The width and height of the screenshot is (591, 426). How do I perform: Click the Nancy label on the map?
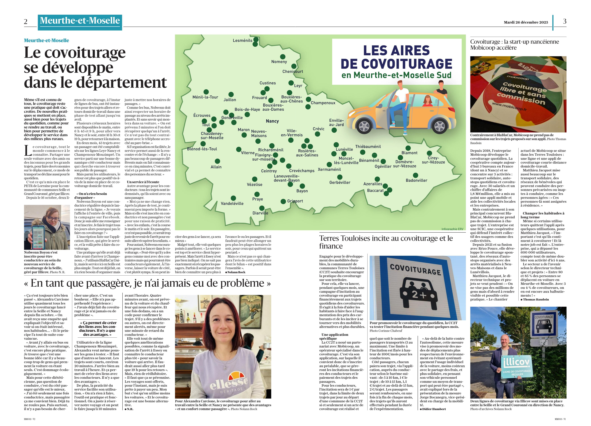[x=272, y=121]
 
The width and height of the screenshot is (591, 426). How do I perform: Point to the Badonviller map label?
[x=416, y=180]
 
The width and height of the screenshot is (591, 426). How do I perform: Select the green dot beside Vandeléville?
[x=233, y=198]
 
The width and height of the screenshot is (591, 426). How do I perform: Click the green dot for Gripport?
[x=283, y=201]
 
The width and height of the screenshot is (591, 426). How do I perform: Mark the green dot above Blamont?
[x=408, y=148]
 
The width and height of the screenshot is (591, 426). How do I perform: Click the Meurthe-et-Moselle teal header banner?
[x=80, y=21]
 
